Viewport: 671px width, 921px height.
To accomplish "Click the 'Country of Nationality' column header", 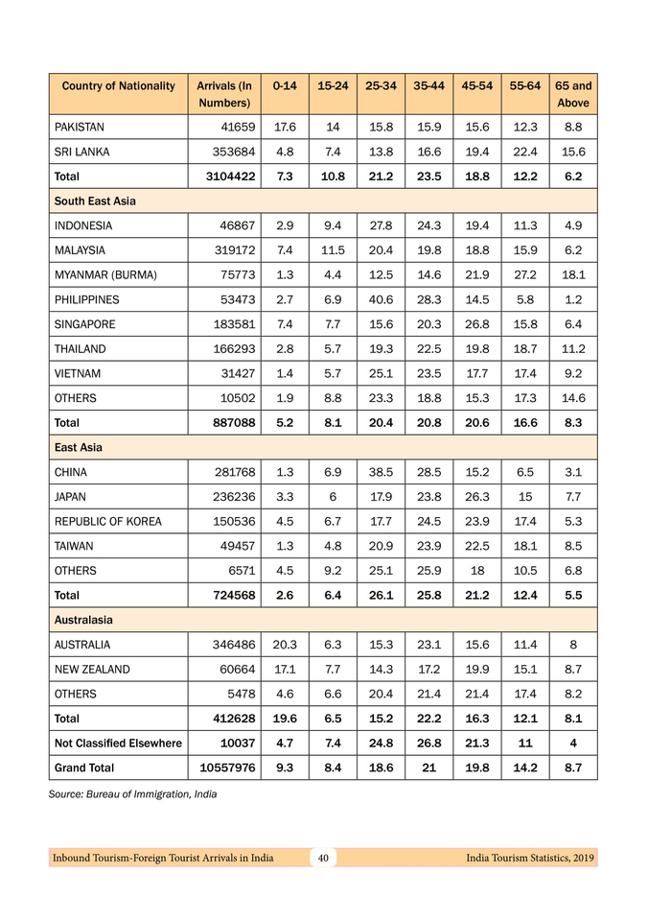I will (119, 86).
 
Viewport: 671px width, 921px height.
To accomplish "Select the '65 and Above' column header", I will (573, 94).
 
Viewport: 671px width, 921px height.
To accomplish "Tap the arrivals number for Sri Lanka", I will (226, 152).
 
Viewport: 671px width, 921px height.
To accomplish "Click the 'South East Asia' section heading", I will (95, 201).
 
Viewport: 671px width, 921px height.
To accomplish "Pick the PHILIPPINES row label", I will (87, 299).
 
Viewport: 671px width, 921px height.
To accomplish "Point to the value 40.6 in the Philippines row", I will (381, 299).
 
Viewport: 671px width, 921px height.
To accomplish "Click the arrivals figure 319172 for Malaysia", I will (226, 250).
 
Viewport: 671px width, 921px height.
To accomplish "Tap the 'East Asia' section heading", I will (79, 447).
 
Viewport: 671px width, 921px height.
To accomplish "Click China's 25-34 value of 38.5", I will (381, 472).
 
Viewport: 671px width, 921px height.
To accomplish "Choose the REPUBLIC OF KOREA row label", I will (108, 521).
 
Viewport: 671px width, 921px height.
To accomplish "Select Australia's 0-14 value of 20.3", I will (284, 645).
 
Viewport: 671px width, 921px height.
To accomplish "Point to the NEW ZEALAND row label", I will (92, 669).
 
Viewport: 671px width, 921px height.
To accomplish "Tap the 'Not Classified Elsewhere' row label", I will (118, 743).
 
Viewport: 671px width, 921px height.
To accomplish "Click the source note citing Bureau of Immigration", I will (132, 794).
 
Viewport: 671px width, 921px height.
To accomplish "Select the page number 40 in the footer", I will (324, 858).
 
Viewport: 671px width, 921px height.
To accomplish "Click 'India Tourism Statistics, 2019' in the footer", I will (530, 858).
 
